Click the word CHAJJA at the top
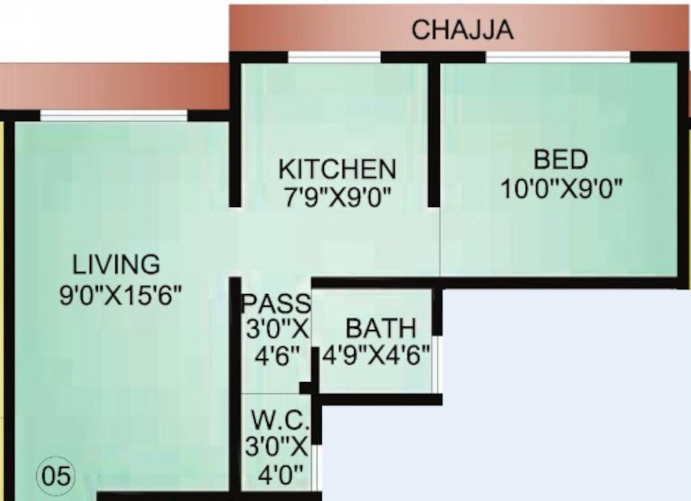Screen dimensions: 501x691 tap(462, 30)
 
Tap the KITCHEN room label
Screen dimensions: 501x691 tap(337, 169)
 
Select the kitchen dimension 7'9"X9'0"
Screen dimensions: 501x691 tap(337, 195)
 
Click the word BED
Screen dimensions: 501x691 tap(560, 160)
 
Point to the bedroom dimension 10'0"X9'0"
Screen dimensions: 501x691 tap(560, 189)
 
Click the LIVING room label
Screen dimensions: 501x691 tap(116, 265)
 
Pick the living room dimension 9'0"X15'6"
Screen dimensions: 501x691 tap(120, 294)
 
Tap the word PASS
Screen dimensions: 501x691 tap(277, 303)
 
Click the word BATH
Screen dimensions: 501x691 tap(380, 327)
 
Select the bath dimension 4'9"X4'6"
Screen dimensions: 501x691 tap(376, 356)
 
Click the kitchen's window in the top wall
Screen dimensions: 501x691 tap(334, 57)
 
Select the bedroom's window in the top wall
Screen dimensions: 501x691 tap(558, 57)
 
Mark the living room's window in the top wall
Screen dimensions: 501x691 tap(114, 116)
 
